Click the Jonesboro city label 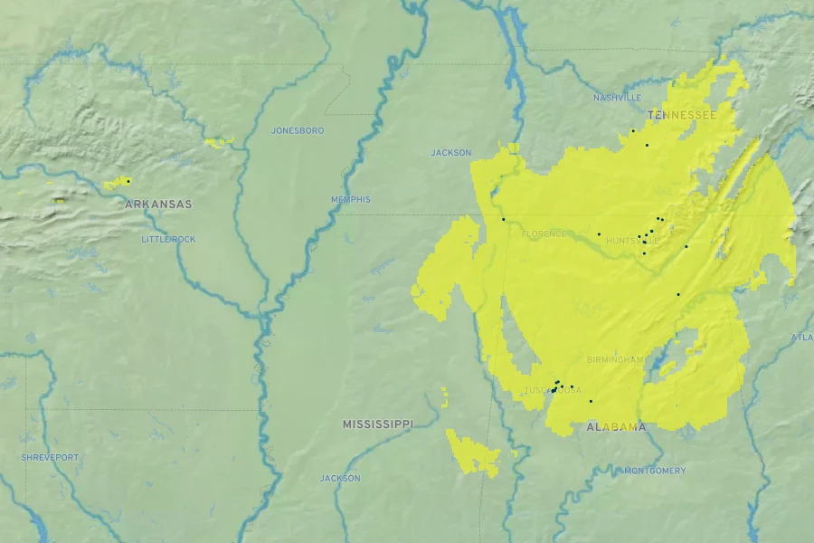point(297,130)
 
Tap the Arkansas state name point(158,205)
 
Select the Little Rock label point(168,239)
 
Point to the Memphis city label point(350,199)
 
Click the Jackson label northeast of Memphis point(450,153)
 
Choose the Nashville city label point(617,98)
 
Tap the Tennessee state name point(681,116)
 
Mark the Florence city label point(544,233)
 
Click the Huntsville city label point(632,241)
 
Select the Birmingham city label point(615,359)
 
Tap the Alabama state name point(616,427)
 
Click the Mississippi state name point(377,424)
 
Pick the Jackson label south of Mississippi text point(340,478)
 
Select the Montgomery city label point(655,471)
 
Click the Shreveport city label point(50,457)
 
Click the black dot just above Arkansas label point(128,181)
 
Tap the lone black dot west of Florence point(503,219)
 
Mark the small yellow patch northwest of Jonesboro point(218,141)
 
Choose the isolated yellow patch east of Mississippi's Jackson point(473,452)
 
